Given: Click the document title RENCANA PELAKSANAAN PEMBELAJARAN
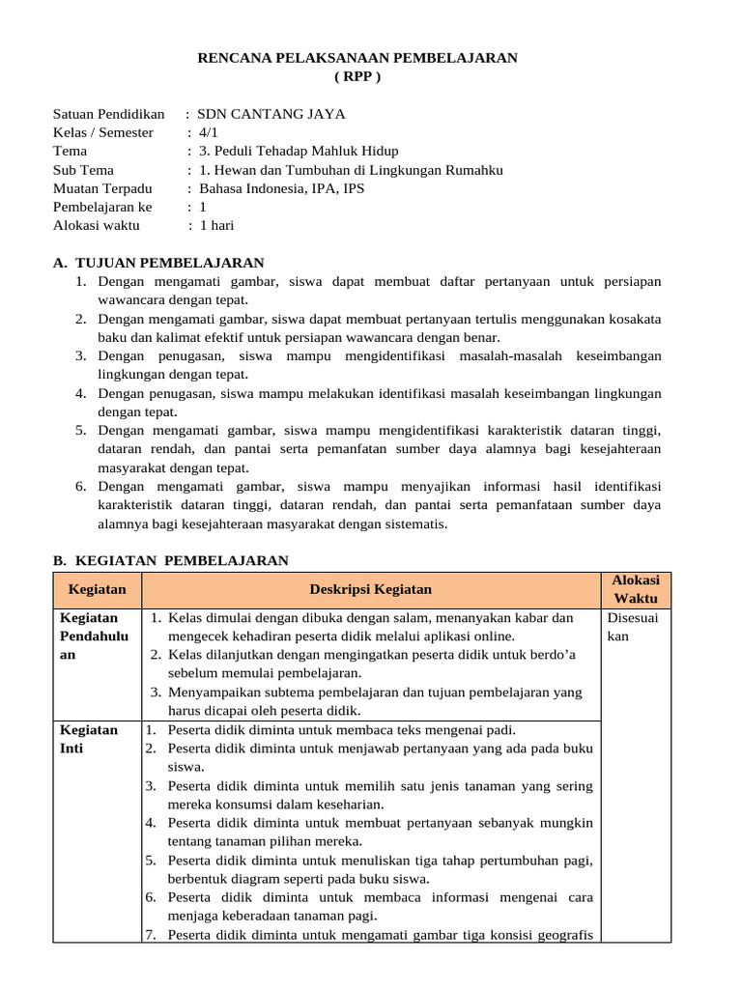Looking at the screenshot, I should (x=357, y=58).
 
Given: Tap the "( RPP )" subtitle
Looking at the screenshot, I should (x=357, y=76).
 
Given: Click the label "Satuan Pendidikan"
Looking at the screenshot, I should (x=108, y=114).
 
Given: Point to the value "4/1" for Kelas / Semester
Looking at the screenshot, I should (x=209, y=132).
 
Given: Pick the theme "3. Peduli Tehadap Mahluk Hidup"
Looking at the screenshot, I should (x=298, y=151).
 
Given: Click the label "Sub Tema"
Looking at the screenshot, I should (x=83, y=170).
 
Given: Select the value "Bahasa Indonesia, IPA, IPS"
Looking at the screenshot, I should (x=281, y=188).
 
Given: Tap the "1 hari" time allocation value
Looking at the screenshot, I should (x=216, y=225).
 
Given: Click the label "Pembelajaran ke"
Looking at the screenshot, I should (x=102, y=207).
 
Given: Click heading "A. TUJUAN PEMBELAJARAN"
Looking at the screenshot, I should (x=158, y=263).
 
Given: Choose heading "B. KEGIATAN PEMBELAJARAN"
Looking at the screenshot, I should (x=170, y=560).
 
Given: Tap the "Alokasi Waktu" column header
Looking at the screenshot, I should (x=636, y=589).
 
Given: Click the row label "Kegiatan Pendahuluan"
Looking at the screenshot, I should (x=89, y=636).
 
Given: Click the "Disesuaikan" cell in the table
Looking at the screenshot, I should (x=632, y=627).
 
